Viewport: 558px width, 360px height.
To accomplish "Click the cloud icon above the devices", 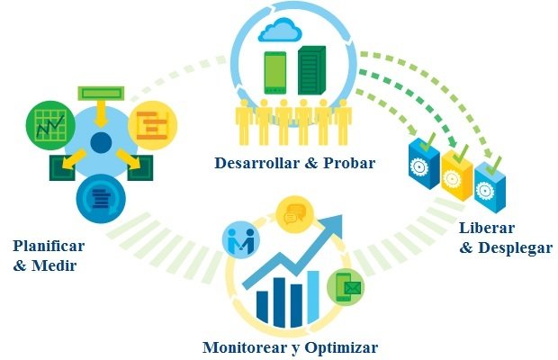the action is (x=280, y=31).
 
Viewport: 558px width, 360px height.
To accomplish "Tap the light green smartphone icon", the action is (x=274, y=73).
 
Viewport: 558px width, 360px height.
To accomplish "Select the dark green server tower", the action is (x=311, y=71).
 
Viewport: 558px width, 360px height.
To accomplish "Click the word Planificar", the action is (x=49, y=246).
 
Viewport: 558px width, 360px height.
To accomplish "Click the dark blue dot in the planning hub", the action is (x=100, y=142).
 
